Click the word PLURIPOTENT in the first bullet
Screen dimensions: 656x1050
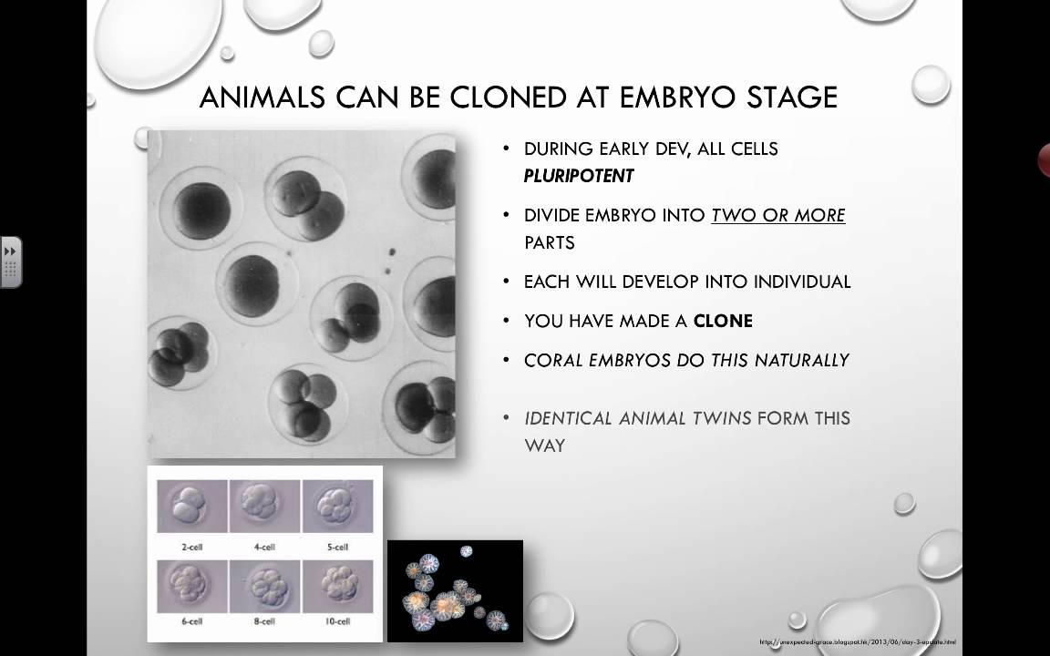[579, 176]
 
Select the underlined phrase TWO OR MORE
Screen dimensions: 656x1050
[777, 216]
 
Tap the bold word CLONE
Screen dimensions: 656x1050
[723, 321]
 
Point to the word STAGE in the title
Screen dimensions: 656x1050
[788, 97]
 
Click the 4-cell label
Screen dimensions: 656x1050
[264, 547]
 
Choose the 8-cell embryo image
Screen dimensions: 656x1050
[264, 586]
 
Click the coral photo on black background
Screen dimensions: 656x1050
[455, 591]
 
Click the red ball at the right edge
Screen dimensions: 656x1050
[1044, 160]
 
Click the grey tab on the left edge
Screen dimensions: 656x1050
[11, 262]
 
